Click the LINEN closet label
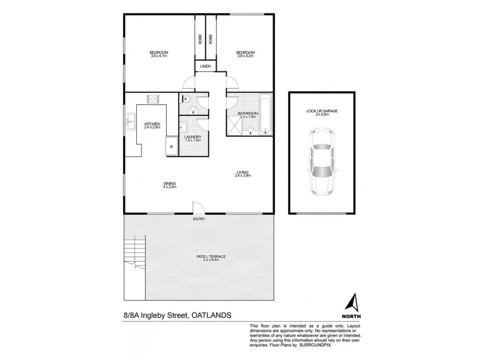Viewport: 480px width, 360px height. [206, 67]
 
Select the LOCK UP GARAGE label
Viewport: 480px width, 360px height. [323, 112]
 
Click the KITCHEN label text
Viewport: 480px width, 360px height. [151, 124]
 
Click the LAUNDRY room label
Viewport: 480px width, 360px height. [193, 137]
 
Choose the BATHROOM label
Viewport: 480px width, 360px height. [247, 113]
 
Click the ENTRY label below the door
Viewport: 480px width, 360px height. [199, 218]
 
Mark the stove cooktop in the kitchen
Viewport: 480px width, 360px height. [152, 100]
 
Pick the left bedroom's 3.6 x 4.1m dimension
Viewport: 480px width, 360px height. [159, 56]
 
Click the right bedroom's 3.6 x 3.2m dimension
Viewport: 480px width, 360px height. [247, 56]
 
